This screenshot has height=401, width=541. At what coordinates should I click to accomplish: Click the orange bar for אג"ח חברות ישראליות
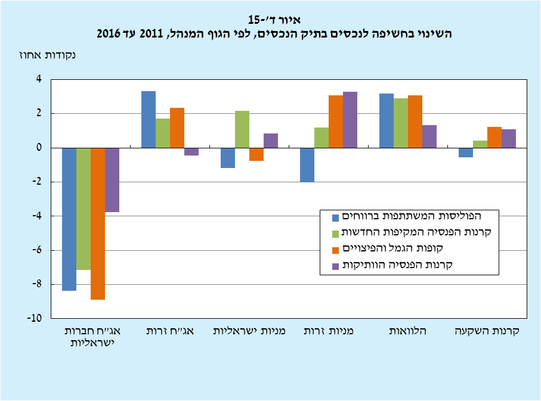point(98,223)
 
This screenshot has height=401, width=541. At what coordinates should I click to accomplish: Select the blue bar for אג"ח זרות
point(148,119)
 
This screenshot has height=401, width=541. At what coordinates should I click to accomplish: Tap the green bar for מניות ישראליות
point(242,129)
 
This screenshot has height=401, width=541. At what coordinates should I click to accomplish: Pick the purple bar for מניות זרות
point(350,120)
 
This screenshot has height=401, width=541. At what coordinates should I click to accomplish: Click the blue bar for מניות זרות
point(307,164)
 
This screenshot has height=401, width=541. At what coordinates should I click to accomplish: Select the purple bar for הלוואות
point(429,136)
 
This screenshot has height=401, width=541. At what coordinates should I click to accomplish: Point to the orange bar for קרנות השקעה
point(494,137)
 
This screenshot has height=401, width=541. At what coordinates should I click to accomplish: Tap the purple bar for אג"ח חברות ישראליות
point(112,179)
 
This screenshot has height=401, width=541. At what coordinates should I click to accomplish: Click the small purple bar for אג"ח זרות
point(191,151)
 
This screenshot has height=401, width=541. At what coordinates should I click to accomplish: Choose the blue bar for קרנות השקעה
point(466,153)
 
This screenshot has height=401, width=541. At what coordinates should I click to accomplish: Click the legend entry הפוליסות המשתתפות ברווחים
point(412,215)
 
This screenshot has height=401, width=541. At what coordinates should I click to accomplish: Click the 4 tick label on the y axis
point(39,79)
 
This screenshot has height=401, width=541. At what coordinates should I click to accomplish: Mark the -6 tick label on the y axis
point(38,250)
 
